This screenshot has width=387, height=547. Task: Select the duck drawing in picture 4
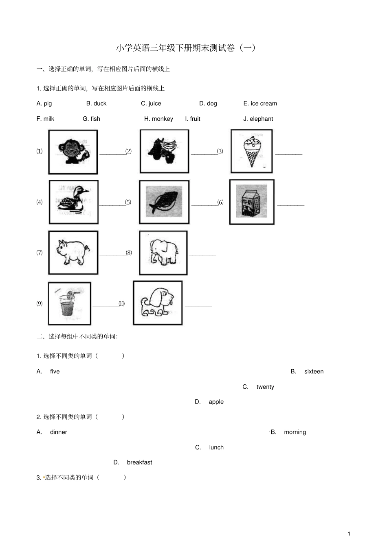[x=73, y=201]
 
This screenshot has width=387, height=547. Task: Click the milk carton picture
[x=251, y=201]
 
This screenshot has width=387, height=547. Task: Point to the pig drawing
[x=73, y=252]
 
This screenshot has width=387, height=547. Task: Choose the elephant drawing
[x=164, y=252]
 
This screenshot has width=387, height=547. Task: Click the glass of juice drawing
[x=70, y=303]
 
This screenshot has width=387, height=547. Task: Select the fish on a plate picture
[x=164, y=201]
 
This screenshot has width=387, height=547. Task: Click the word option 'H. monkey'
[x=158, y=119]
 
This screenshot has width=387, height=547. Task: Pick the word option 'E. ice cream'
[x=260, y=104]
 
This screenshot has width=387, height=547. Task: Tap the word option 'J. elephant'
[x=258, y=119]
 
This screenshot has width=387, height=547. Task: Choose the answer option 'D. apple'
[x=209, y=402]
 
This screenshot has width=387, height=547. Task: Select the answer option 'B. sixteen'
[x=307, y=371]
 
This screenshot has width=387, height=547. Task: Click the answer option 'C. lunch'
[x=209, y=447]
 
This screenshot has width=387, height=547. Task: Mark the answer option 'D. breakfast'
[x=132, y=462]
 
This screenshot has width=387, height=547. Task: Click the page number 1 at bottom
[x=349, y=534]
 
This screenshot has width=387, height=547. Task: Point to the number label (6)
[x=220, y=202]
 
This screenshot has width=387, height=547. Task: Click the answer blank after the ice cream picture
[x=289, y=154]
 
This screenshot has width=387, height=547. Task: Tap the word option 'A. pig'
[x=44, y=104]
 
